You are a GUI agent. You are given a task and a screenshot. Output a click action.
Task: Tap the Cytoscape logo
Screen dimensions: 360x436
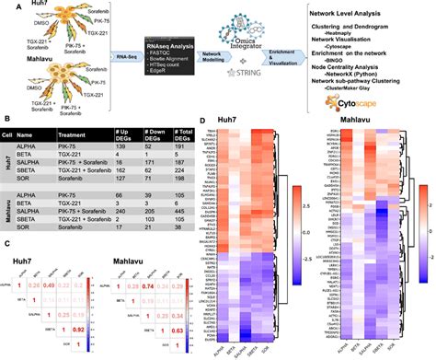pyautogui.click(x=344, y=102)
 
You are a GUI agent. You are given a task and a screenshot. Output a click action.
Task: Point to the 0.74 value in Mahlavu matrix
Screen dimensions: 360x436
pyautogui.click(x=172, y=286)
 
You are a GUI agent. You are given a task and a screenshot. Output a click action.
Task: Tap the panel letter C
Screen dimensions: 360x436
pyautogui.click(x=7, y=242)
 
